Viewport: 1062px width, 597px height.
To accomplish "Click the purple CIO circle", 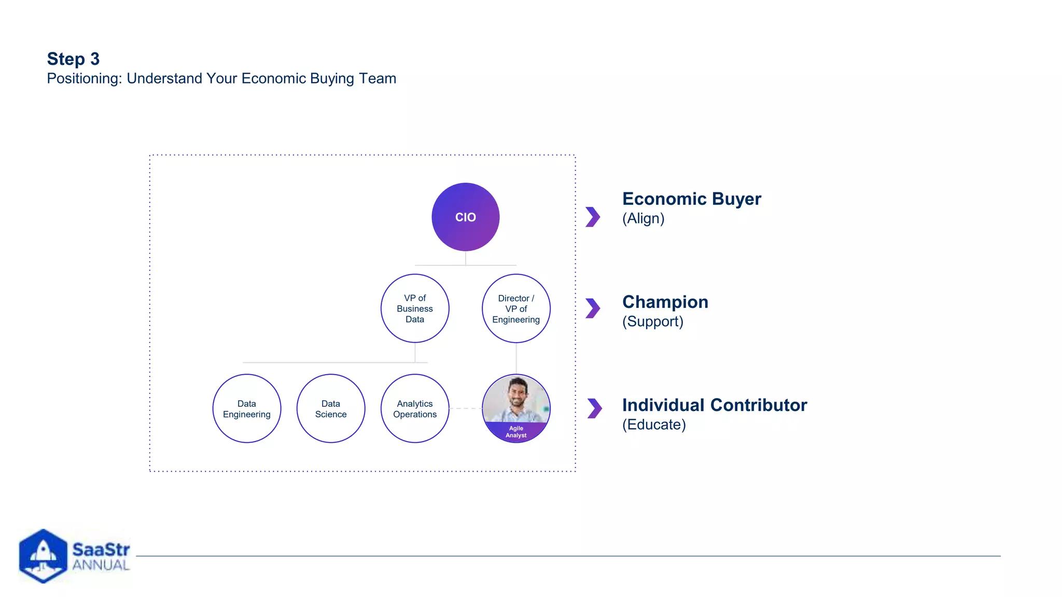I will (x=465, y=217).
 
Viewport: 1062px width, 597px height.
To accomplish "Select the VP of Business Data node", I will (x=415, y=308).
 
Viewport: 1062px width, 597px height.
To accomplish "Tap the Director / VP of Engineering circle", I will (x=516, y=308).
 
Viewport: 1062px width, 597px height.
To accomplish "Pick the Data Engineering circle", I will (x=247, y=408).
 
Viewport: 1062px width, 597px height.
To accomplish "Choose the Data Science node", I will (x=331, y=408).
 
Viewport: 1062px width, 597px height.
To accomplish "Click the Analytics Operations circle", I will (x=415, y=408).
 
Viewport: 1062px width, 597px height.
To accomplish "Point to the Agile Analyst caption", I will (x=516, y=432).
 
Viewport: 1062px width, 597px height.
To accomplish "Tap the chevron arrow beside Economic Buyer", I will (x=593, y=217).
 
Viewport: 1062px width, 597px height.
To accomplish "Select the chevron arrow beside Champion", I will (x=593, y=308).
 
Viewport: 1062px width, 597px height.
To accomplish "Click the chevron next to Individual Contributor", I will (x=595, y=408).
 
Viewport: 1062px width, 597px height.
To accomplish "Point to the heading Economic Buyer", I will (x=691, y=199).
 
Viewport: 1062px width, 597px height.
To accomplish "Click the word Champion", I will (x=665, y=302).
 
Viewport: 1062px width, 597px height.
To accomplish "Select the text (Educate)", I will (x=654, y=425).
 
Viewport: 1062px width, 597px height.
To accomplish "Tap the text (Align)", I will (x=643, y=219).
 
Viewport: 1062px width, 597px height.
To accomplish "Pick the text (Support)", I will (x=652, y=322).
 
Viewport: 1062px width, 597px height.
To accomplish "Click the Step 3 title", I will (x=73, y=59).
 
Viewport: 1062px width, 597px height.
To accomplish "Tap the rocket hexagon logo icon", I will (x=43, y=556).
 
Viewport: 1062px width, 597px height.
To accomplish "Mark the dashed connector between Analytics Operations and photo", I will (x=465, y=408).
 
